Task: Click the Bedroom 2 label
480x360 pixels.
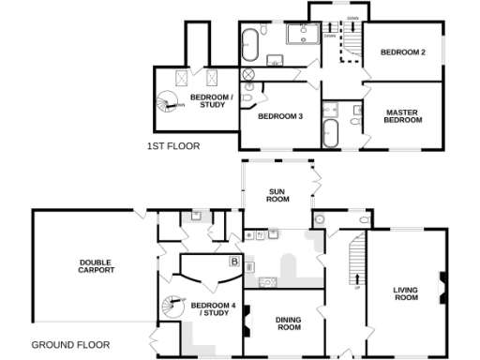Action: point(403,52)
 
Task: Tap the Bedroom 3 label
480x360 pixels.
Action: point(279,116)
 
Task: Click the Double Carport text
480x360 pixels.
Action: point(97,265)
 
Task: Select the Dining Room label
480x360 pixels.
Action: point(288,324)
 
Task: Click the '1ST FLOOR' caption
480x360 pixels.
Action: point(173,146)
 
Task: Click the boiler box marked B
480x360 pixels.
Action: point(233,262)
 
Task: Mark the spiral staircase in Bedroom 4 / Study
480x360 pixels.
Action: point(172,306)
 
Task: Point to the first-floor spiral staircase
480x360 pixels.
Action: point(169,99)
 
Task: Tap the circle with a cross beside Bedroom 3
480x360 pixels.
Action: point(248,74)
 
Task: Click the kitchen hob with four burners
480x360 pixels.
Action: point(265,280)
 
